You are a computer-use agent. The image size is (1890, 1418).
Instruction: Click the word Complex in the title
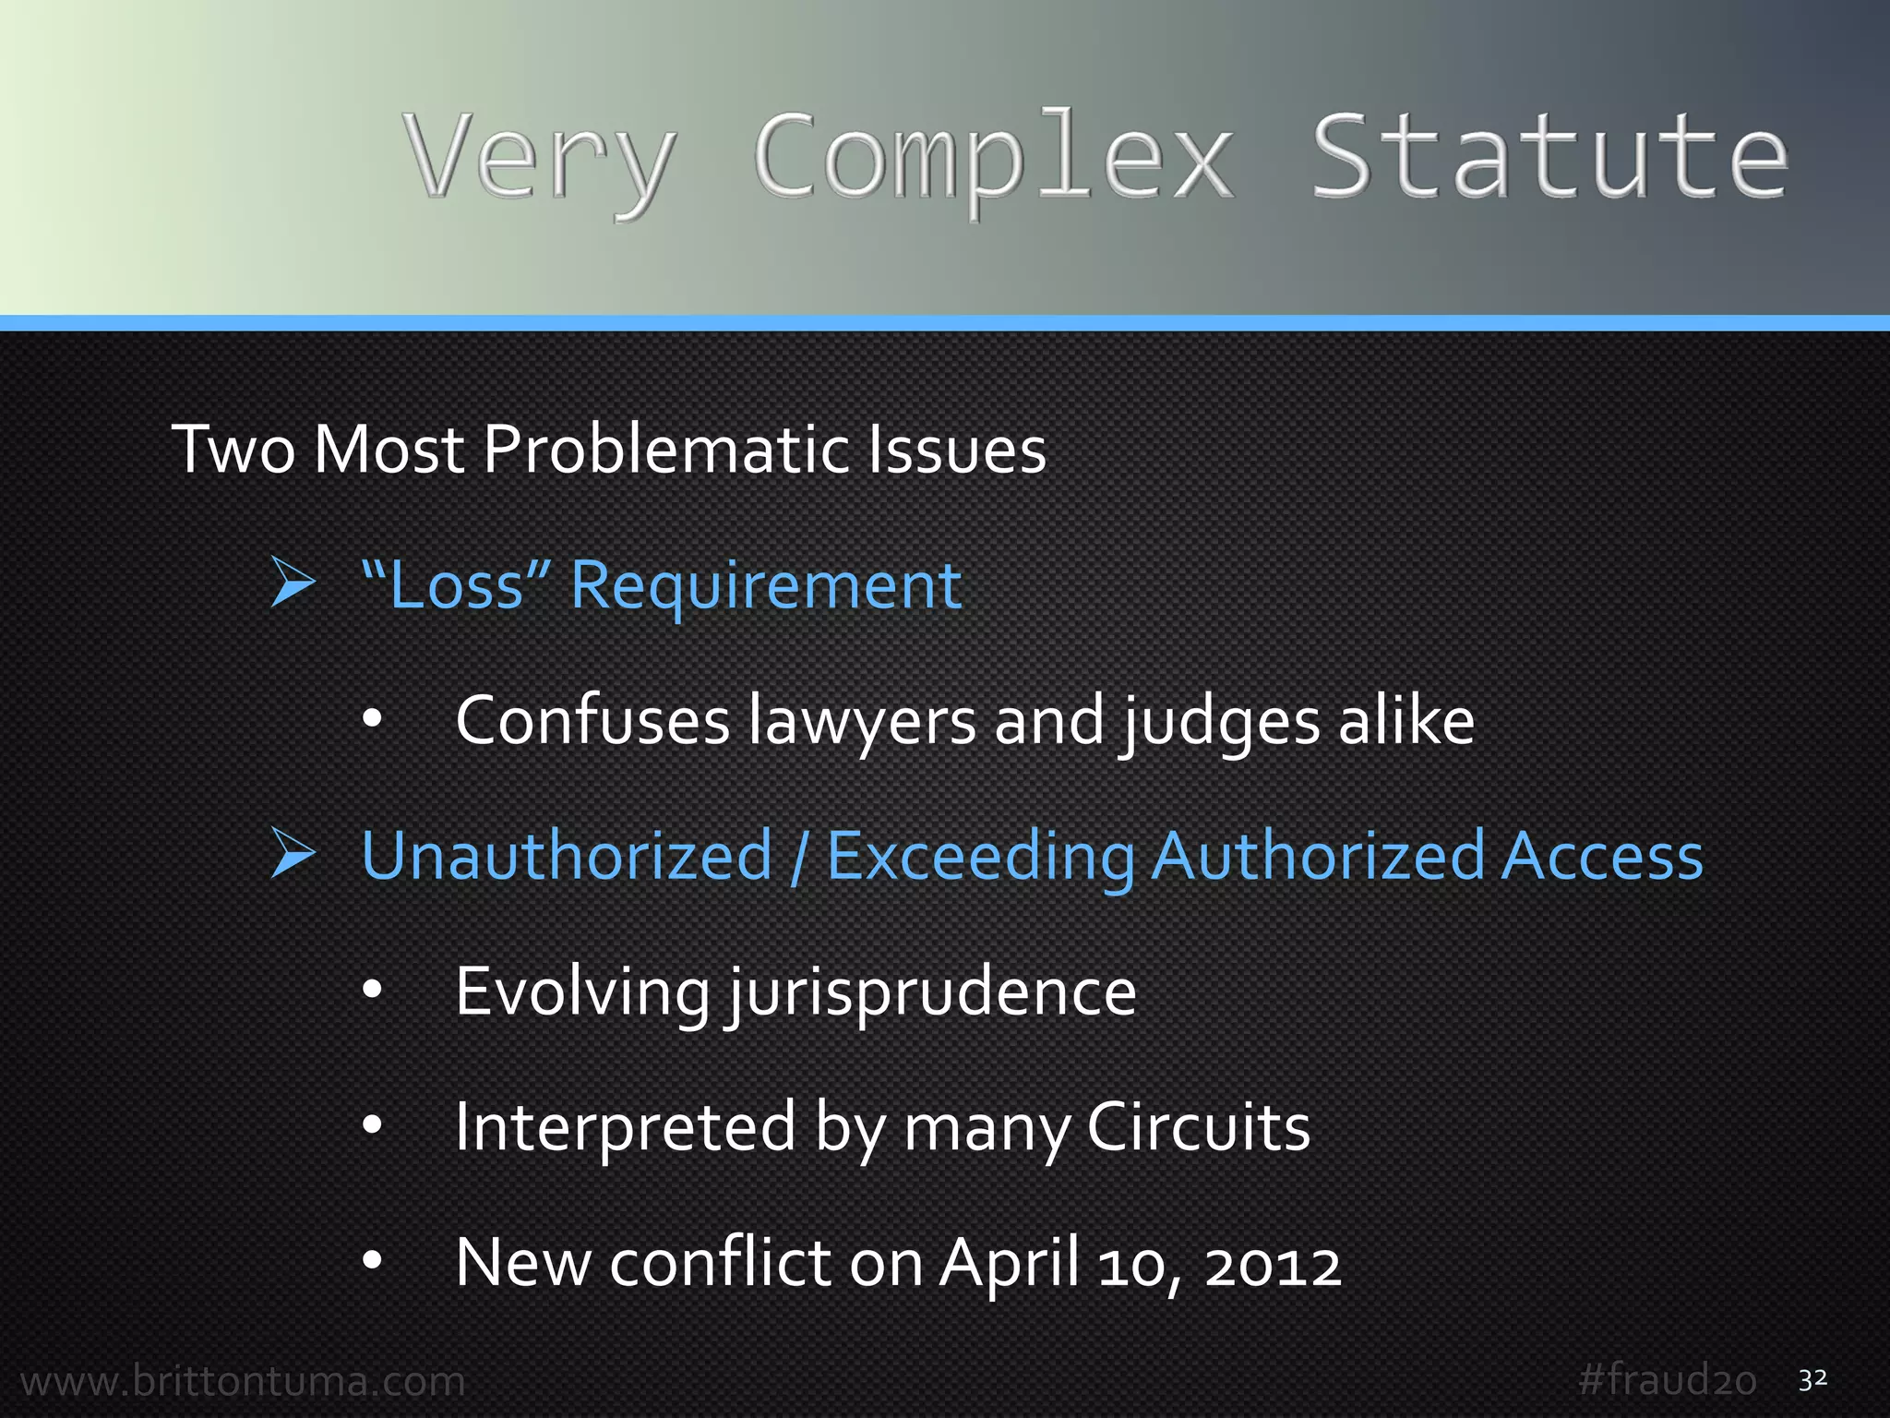[993, 157]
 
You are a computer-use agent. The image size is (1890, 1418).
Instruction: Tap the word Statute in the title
[1549, 157]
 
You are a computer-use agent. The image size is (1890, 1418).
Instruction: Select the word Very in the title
[540, 157]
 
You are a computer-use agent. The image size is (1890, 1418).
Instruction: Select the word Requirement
[766, 585]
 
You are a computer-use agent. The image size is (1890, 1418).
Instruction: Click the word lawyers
[862, 721]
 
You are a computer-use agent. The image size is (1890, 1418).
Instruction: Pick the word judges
[1221, 721]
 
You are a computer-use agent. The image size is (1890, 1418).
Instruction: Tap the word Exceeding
[980, 857]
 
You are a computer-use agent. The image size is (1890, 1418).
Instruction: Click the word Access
[1602, 857]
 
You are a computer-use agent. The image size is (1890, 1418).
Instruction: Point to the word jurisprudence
[932, 992]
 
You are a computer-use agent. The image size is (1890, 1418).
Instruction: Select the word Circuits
[1198, 1127]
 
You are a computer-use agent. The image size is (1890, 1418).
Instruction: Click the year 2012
[1273, 1264]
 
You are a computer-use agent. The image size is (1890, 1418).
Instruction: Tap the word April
[1010, 1264]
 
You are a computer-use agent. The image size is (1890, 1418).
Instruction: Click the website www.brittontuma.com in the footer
[243, 1381]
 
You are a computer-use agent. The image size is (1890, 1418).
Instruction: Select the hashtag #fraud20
[1667, 1380]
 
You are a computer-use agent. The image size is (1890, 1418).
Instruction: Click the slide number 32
[1812, 1379]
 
